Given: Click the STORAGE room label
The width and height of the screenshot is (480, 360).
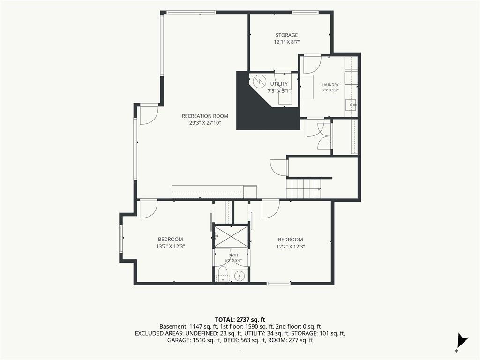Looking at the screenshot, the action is coord(286,35).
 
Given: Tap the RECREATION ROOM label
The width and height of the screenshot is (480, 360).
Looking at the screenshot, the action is coord(205,116).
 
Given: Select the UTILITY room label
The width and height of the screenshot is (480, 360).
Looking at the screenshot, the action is coord(279,84).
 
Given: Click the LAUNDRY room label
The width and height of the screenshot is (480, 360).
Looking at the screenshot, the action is coord(330,85).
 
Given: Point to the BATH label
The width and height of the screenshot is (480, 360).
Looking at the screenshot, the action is coord(233,255).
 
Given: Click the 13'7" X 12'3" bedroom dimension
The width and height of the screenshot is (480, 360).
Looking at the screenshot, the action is coord(171,246).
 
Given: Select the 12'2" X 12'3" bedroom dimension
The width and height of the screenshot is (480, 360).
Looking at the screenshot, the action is coord(291,247).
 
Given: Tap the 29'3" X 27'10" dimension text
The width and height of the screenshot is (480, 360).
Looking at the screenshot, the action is coord(205,123).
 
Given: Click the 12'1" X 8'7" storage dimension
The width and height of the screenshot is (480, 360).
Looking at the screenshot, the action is coord(286,42).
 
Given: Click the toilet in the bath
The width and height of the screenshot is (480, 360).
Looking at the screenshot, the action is coord(223,273).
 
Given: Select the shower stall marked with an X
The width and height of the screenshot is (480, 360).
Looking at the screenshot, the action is coord(231,236).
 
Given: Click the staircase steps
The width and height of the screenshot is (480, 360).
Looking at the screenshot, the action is coord(304,189).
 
